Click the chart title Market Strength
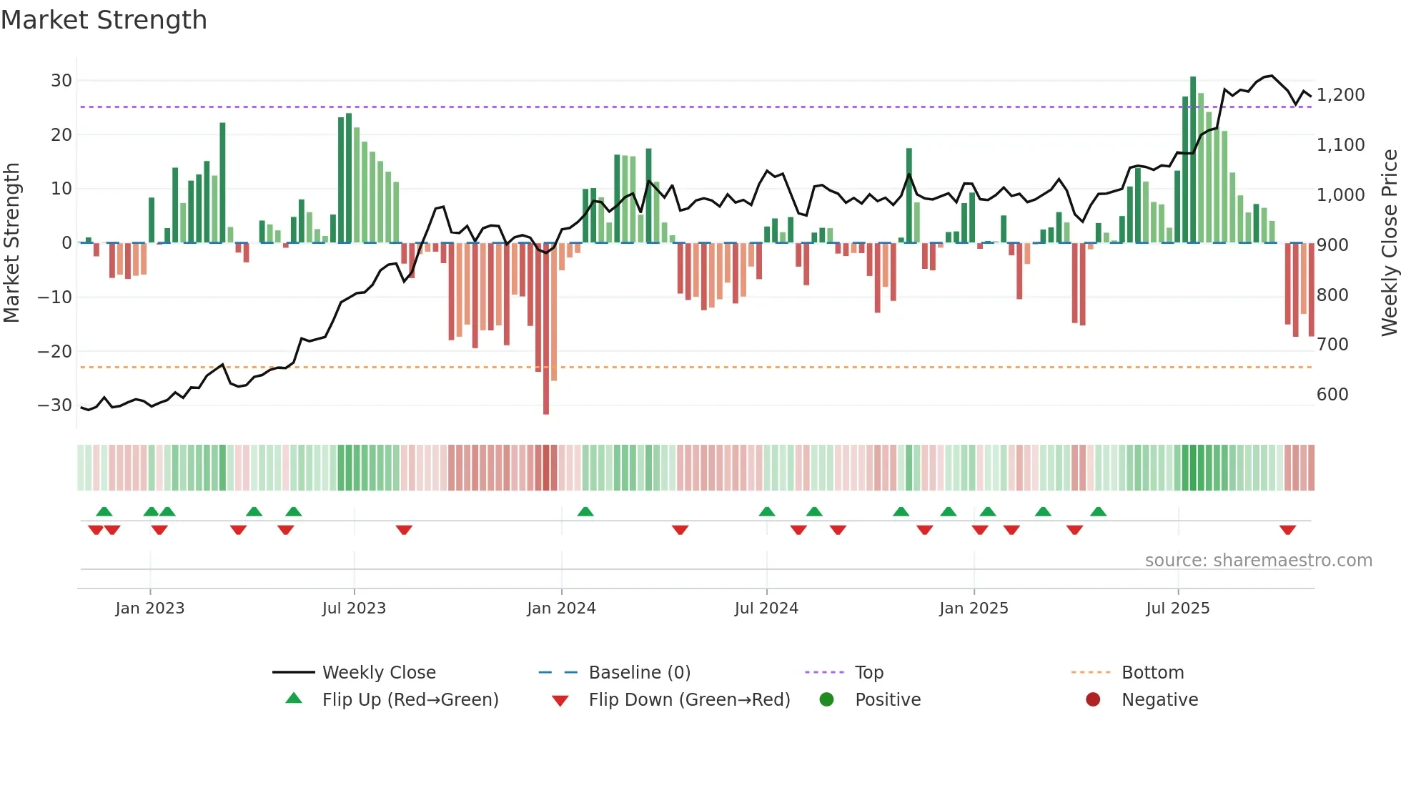pos(104,20)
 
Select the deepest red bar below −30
pos(546,329)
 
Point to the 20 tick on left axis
pos(61,134)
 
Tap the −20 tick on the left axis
pos(56,351)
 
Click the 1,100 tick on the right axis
pos(1340,145)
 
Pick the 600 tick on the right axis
pos(1332,395)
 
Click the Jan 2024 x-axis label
pos(561,609)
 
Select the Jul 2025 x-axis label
pos(1177,609)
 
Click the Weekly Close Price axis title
pos(1389,242)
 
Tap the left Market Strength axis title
pos(11,242)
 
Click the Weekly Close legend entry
pos(378,673)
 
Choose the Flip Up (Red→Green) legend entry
pos(410,700)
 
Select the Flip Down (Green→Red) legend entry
pos(689,700)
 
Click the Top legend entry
pos(868,673)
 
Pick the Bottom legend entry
pos(1152,673)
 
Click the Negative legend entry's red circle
pos(1093,700)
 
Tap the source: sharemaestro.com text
pos(1258,561)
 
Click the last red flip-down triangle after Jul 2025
pos(1287,530)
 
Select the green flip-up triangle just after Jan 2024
pos(585,511)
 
